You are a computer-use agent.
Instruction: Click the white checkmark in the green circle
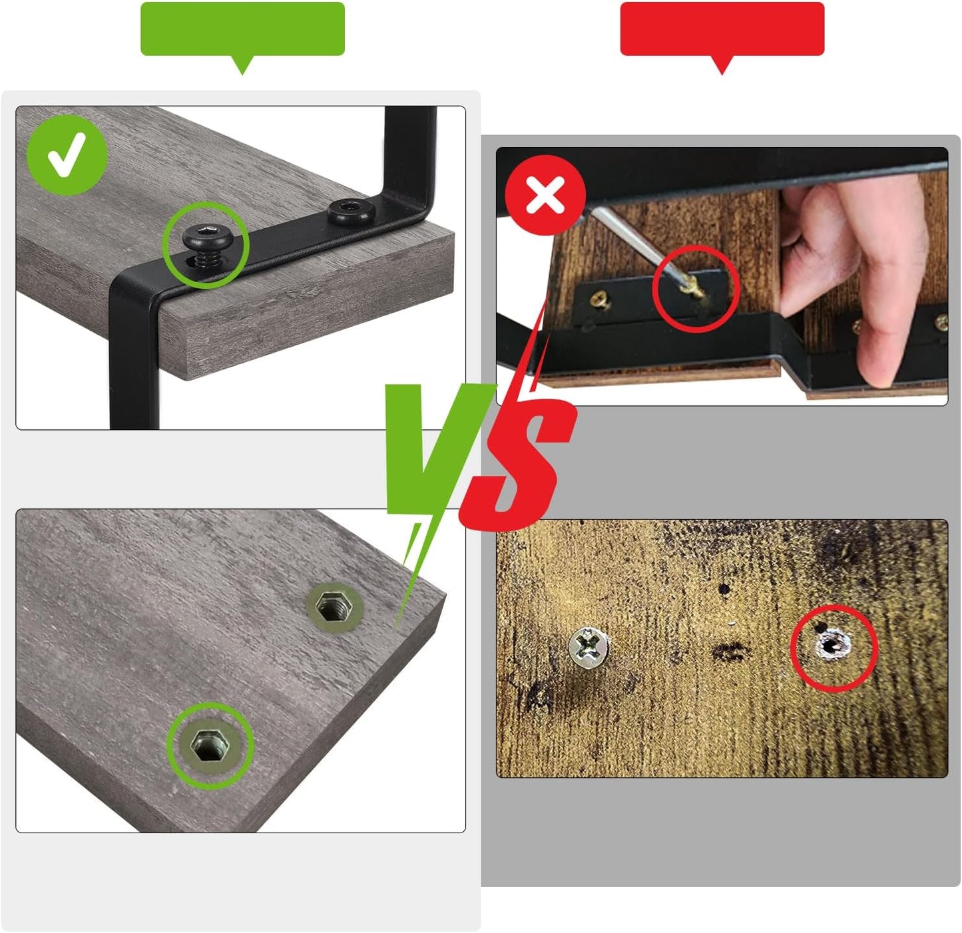(x=67, y=155)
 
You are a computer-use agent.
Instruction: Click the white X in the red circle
(x=545, y=195)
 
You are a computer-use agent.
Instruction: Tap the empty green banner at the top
(x=242, y=29)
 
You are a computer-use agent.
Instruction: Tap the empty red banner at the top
(x=722, y=29)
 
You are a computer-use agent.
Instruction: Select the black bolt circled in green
(x=208, y=241)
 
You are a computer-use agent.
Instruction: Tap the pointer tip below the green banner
(x=242, y=74)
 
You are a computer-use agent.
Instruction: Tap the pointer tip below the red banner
(x=722, y=74)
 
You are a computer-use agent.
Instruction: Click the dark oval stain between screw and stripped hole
(x=728, y=652)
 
